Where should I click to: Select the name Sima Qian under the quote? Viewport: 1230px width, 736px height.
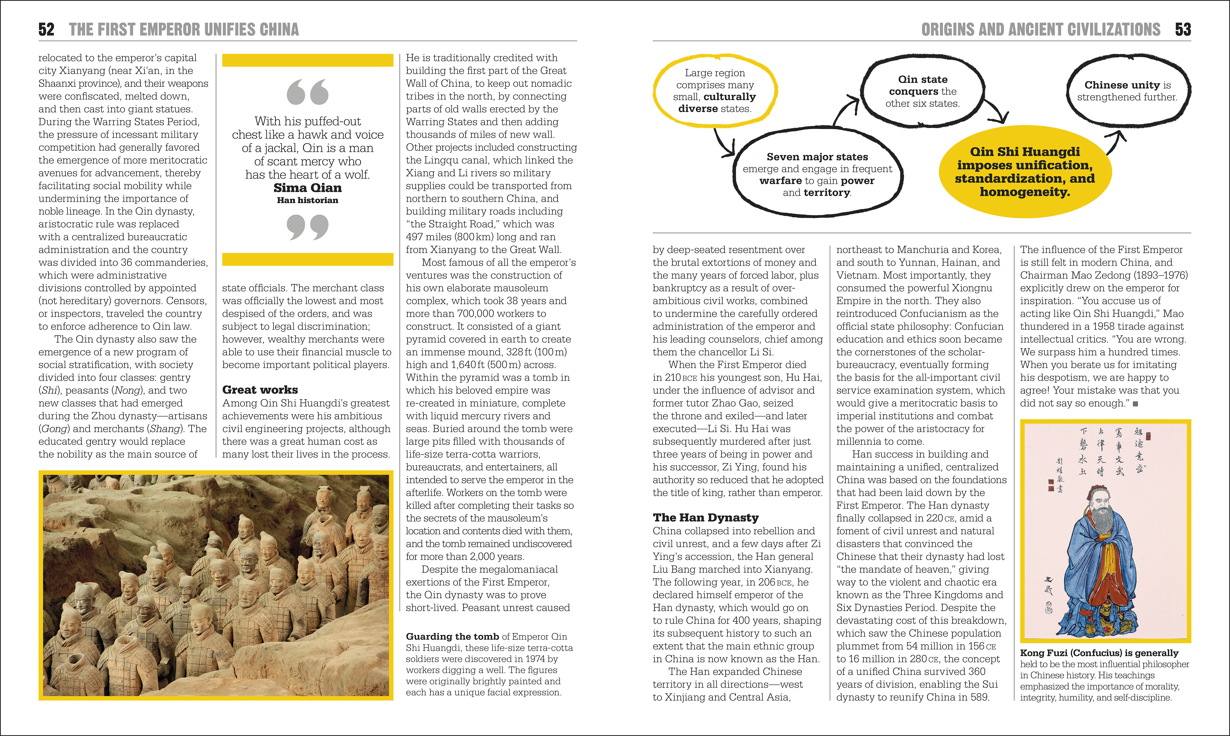point(307,188)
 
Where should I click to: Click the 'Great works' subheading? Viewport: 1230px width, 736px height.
point(260,390)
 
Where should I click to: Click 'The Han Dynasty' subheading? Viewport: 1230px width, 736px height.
point(705,518)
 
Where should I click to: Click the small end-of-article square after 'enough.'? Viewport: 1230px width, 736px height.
point(1135,404)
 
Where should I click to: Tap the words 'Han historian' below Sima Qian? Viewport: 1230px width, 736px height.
point(307,200)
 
